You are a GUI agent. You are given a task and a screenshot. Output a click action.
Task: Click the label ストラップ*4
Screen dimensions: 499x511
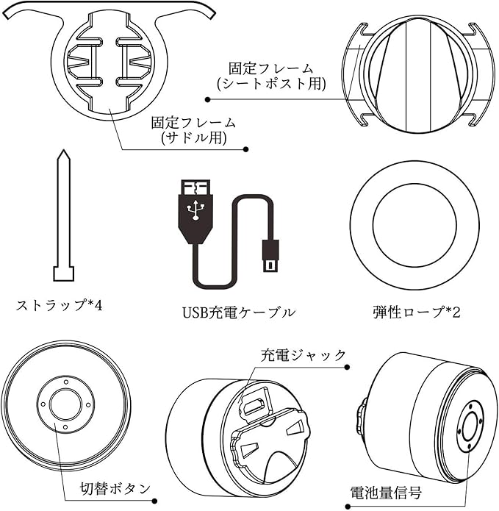pos(59,306)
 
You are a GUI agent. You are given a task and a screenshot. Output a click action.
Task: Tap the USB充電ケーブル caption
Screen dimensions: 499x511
pos(239,312)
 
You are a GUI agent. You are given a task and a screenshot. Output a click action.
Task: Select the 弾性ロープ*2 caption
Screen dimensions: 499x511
pos(417,312)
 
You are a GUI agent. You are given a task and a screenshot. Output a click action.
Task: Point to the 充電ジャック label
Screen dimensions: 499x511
pos(303,355)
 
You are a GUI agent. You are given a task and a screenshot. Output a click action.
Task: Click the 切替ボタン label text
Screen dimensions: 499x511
pos(115,489)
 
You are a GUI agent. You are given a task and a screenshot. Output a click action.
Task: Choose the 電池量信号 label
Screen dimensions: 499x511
pos(386,493)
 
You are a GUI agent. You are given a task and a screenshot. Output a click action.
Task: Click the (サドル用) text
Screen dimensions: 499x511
pos(193,137)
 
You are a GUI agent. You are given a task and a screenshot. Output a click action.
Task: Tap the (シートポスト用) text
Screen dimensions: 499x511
pos(271,84)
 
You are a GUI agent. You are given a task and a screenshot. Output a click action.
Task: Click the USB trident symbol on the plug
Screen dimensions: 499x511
pos(195,210)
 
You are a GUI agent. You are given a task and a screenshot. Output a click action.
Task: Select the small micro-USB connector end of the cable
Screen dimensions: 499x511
pos(270,256)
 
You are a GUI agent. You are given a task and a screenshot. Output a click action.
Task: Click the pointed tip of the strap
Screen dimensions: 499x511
pos(63,151)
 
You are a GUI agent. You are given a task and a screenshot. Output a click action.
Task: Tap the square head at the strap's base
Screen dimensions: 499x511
pos(63,274)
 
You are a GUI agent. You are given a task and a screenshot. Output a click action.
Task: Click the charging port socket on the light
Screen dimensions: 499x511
pos(254,404)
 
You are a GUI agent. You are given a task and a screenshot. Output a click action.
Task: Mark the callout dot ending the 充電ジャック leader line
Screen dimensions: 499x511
pos(347,368)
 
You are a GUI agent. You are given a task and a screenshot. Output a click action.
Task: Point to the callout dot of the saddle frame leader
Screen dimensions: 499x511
pos(246,149)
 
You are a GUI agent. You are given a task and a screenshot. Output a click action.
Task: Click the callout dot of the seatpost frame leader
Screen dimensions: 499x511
pos(208,99)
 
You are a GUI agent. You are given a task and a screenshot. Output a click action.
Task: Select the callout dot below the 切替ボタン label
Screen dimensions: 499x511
pos(155,501)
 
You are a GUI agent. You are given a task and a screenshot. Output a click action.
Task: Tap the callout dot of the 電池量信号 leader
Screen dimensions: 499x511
pos(348,507)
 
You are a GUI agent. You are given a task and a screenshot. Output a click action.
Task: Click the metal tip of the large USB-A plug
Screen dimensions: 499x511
pos(195,187)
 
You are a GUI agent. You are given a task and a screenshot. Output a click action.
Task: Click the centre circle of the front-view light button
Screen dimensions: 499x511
pos(65,405)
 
